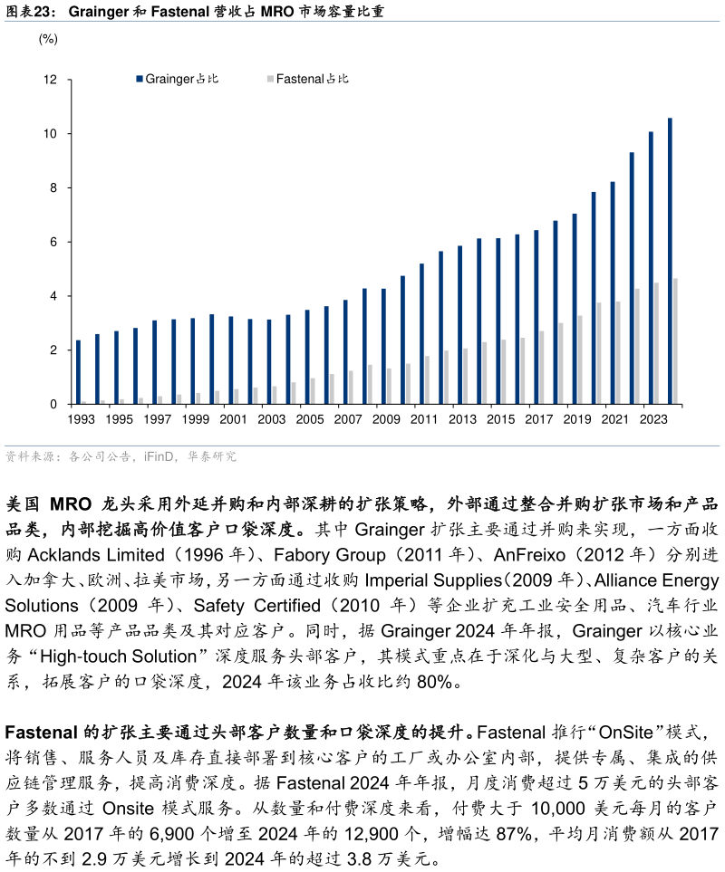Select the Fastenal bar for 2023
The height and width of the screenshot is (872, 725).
tap(657, 343)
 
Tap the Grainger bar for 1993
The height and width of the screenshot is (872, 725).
tap(78, 372)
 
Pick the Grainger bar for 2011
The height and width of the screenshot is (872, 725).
tap(421, 334)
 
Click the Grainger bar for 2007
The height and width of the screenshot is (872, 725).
tap(345, 352)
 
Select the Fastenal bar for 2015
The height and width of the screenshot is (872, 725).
tap(504, 372)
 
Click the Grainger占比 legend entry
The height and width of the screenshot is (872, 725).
tap(178, 79)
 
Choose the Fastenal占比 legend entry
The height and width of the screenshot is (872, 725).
tap(308, 79)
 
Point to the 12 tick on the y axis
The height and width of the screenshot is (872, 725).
tap(51, 81)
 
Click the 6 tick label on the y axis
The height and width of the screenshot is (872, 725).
tap(54, 242)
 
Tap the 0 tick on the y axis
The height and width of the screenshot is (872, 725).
tap(54, 404)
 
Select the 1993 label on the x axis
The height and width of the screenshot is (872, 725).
tap(81, 419)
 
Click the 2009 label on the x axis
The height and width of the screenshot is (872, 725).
tap(386, 419)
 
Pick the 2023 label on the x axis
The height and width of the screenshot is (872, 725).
tap(653, 419)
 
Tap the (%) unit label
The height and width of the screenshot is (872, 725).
tap(48, 39)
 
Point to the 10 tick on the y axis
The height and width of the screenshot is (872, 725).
tap(51, 134)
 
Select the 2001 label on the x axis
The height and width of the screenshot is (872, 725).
tap(233, 419)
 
